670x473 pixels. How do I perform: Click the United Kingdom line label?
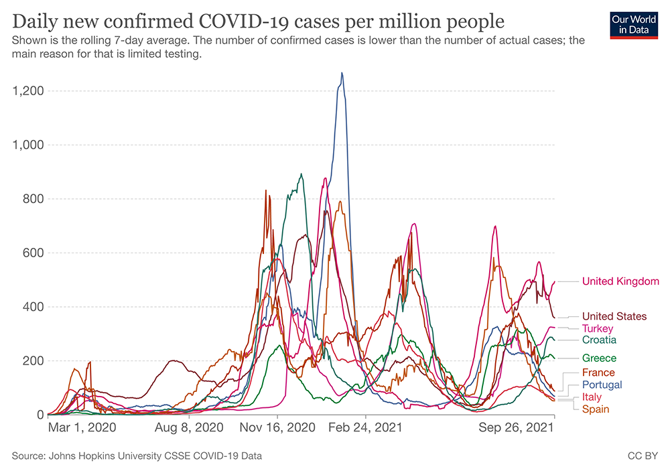(x=620, y=281)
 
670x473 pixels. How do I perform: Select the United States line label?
(x=614, y=316)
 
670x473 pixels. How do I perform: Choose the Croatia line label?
(x=599, y=340)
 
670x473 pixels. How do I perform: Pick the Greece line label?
(x=599, y=358)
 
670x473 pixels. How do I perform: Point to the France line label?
(x=598, y=373)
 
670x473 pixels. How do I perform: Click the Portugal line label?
(x=602, y=385)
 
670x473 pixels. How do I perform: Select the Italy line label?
(x=592, y=397)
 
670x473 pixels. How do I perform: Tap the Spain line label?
(x=596, y=409)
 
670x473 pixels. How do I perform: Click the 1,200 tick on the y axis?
(x=27, y=91)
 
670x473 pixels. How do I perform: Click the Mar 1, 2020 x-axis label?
(x=82, y=426)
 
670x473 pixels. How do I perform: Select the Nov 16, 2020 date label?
(x=277, y=426)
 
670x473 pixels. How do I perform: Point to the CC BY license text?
(x=643, y=456)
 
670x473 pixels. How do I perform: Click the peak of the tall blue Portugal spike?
(x=342, y=73)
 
